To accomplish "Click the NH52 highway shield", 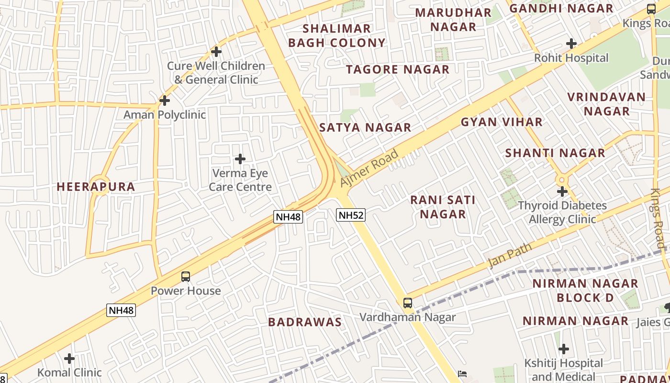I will coord(351,215).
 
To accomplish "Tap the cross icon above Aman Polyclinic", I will coord(165,101).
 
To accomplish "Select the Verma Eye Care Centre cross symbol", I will coord(240,159).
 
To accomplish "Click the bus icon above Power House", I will coord(186,277).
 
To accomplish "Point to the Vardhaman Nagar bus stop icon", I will coord(408,303).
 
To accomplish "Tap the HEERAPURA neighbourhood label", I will coord(96,187).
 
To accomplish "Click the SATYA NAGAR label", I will coord(365,127).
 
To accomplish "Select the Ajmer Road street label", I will coord(369,169).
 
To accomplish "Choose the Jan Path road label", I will coord(510,256).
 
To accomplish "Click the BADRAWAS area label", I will coord(305,322).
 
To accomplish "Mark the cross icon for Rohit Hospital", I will coord(571,44).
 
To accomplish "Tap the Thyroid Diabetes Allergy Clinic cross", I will coord(562,192).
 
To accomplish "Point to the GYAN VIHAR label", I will coord(502,122).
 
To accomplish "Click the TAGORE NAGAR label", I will coord(398,69).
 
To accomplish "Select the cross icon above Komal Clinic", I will coord(69,359).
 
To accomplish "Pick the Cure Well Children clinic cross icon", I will coord(216,52).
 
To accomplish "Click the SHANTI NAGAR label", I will coord(555,153).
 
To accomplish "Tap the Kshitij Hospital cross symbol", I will coord(564,349).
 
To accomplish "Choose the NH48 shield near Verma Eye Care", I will coord(289,217).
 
